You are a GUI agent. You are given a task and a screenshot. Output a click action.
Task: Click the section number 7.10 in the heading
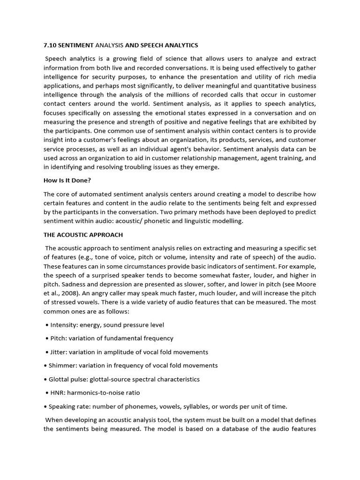pos(50,45)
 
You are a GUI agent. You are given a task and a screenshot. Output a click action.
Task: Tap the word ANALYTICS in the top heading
pos(180,45)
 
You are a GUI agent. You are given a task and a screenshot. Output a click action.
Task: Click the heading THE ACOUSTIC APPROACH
pos(83,234)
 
